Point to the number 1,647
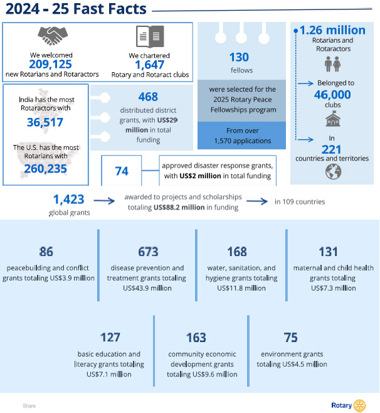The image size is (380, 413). (150, 65)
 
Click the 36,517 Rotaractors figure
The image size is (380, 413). (45, 122)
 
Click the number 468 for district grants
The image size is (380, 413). (148, 97)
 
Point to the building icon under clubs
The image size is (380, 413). (332, 117)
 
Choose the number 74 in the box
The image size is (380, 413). (122, 171)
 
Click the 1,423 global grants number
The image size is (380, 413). (68, 200)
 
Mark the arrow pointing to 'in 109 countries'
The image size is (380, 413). (256, 201)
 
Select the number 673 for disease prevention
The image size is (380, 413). (148, 252)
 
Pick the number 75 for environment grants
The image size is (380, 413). (291, 338)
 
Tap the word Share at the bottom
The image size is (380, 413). (29, 406)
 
